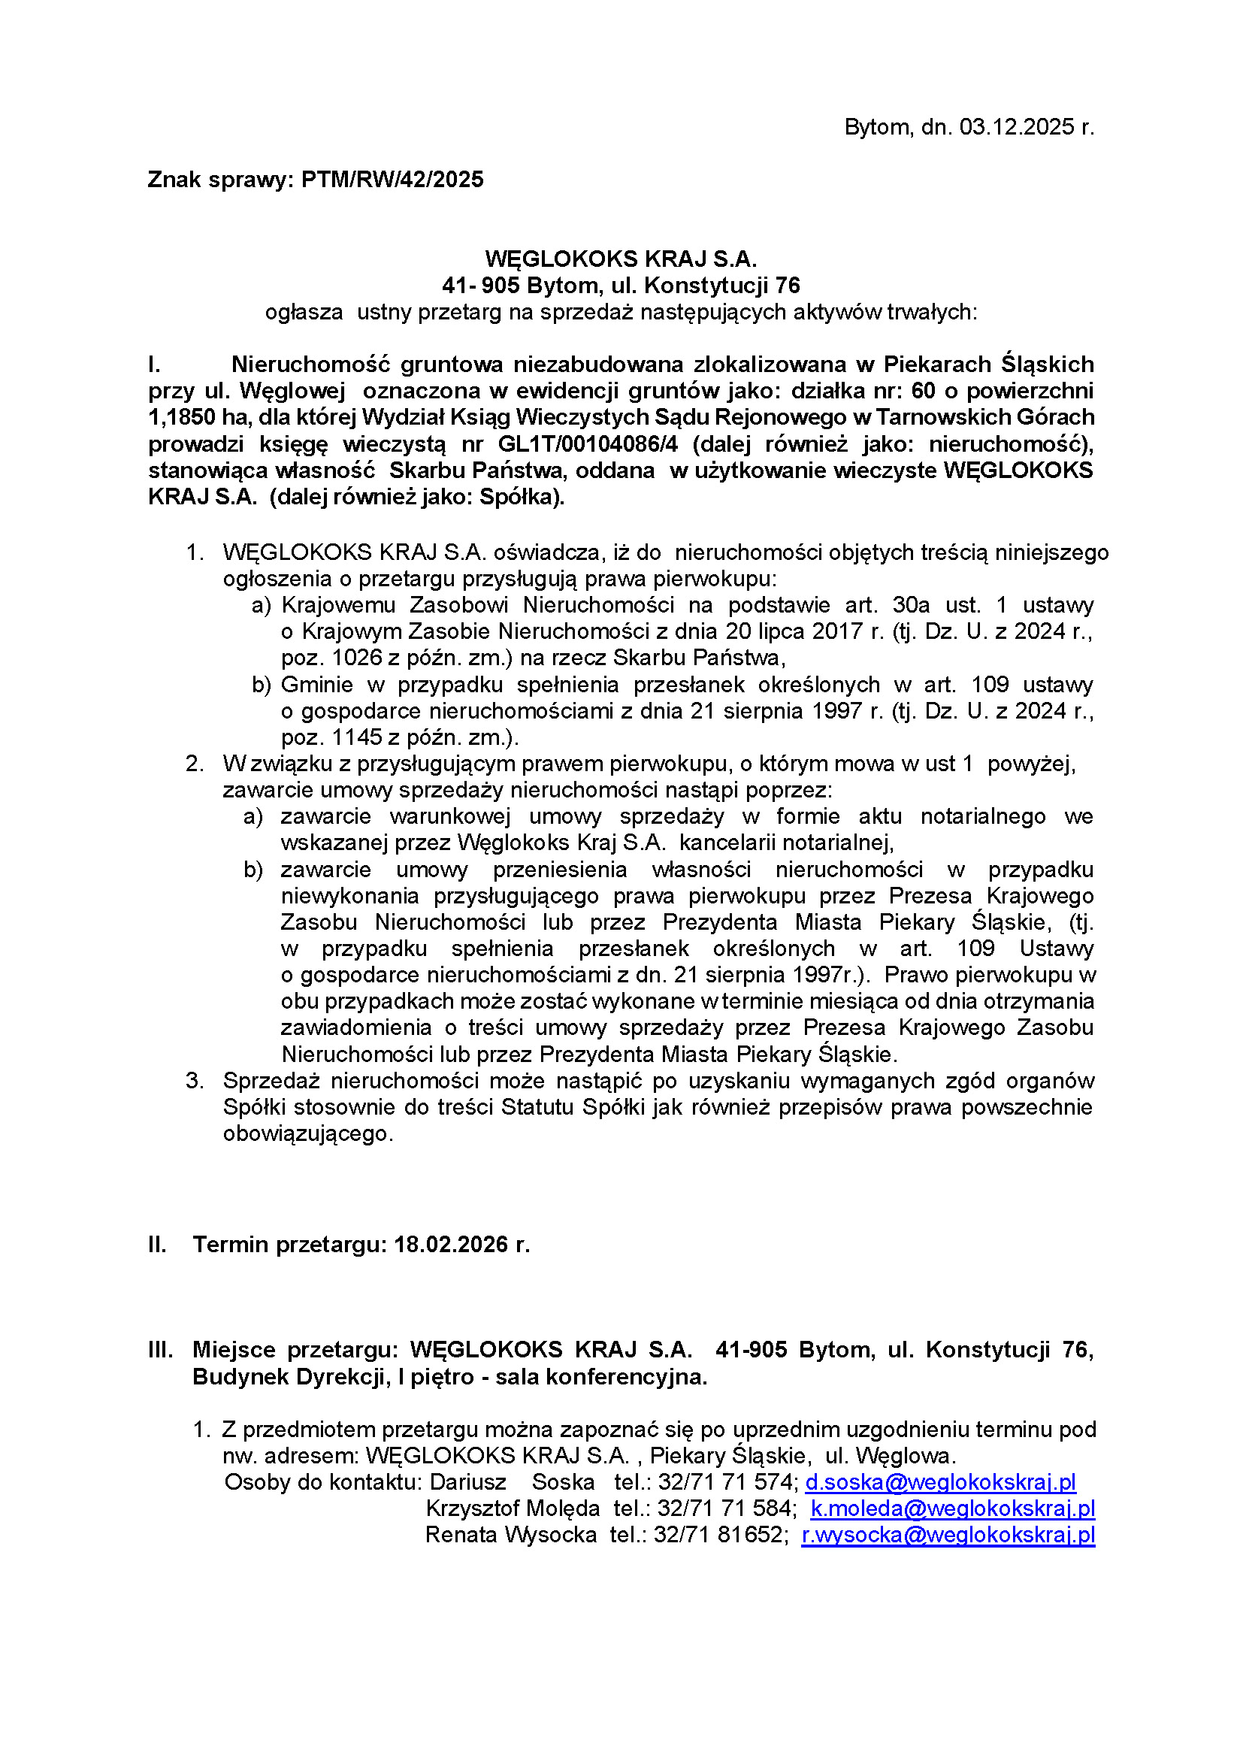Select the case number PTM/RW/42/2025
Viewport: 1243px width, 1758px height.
click(392, 180)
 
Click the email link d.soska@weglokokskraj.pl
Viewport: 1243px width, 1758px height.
click(941, 1482)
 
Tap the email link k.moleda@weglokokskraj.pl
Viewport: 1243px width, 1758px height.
click(953, 1508)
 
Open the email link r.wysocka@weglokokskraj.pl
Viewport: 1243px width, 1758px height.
click(948, 1536)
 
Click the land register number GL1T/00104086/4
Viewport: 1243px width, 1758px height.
click(588, 444)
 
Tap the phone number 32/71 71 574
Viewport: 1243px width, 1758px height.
click(727, 1482)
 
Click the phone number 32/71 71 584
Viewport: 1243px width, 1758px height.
click(726, 1508)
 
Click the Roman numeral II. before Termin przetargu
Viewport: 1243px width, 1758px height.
click(157, 1244)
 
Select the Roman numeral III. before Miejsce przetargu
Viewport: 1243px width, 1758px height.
click(160, 1349)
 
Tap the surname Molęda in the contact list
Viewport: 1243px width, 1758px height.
click(567, 1508)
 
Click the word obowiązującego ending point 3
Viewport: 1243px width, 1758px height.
click(307, 1133)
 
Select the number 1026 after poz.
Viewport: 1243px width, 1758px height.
click(358, 658)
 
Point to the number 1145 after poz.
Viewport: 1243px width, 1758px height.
click(358, 737)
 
